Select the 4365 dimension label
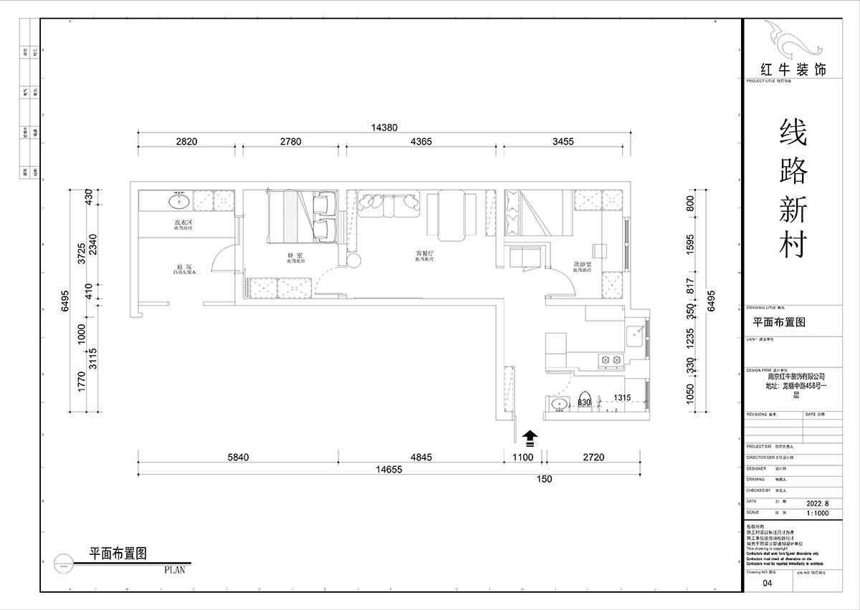[x=421, y=142]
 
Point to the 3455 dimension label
[x=563, y=142]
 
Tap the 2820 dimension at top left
[x=186, y=142]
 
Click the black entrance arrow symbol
[x=530, y=436]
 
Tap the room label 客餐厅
[x=426, y=253]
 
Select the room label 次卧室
[x=583, y=265]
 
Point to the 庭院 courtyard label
[x=183, y=266]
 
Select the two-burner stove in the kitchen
[x=611, y=360]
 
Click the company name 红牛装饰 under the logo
[x=793, y=70]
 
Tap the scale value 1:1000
[x=819, y=513]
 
